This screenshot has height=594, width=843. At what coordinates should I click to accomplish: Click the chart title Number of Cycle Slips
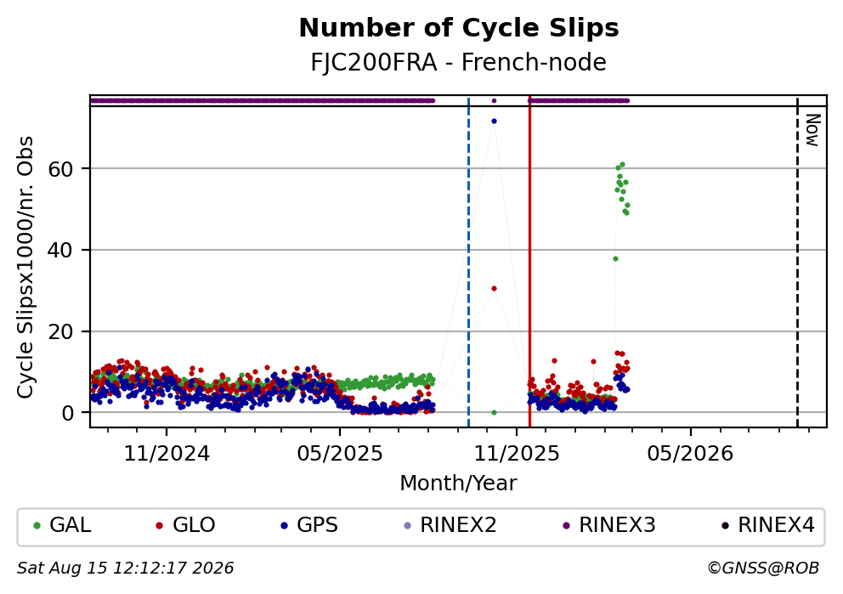[x=459, y=28]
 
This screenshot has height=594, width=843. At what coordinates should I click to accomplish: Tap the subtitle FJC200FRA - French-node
[x=459, y=62]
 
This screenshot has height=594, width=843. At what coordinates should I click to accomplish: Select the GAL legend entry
[x=62, y=525]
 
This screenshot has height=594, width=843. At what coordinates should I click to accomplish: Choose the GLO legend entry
[x=185, y=525]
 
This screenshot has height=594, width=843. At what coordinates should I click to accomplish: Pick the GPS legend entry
[x=309, y=525]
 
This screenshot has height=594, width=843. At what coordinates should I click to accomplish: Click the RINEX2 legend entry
[x=450, y=525]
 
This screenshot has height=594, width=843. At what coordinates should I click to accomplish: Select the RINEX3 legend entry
[x=609, y=525]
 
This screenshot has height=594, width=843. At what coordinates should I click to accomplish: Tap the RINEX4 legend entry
[x=768, y=525]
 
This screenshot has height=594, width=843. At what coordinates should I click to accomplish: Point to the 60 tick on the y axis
[x=60, y=169]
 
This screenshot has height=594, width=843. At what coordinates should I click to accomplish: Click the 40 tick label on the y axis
[x=60, y=250]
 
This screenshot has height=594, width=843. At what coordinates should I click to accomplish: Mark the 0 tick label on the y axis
[x=67, y=413]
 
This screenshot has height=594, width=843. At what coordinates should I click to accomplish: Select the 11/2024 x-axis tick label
[x=167, y=454]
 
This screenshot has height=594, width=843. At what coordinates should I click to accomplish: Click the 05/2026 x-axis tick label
[x=690, y=454]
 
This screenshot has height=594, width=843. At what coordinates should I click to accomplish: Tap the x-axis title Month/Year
[x=459, y=484]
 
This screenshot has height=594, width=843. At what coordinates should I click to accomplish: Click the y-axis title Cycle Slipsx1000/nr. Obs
[x=25, y=267]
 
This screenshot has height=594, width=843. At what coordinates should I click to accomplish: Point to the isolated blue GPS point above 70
[x=494, y=121]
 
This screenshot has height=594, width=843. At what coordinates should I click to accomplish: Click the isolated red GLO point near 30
[x=494, y=289]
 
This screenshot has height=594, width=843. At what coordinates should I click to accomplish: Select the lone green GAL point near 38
[x=615, y=258]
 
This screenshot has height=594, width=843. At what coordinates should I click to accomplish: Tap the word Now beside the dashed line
[x=813, y=130]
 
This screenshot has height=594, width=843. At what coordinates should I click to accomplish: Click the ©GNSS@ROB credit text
[x=763, y=569]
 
